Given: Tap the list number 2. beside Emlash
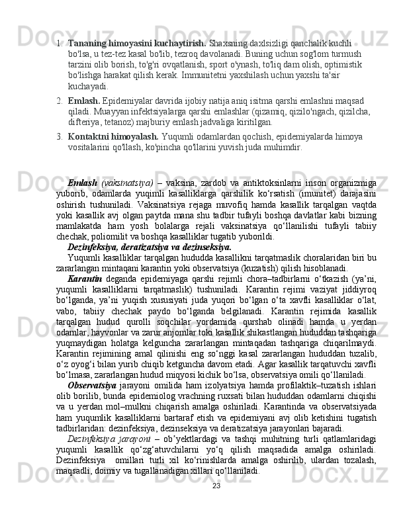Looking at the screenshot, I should [x=60, y=101].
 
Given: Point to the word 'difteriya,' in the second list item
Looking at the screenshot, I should [x=84, y=123].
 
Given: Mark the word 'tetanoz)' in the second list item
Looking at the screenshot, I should [x=118, y=123].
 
